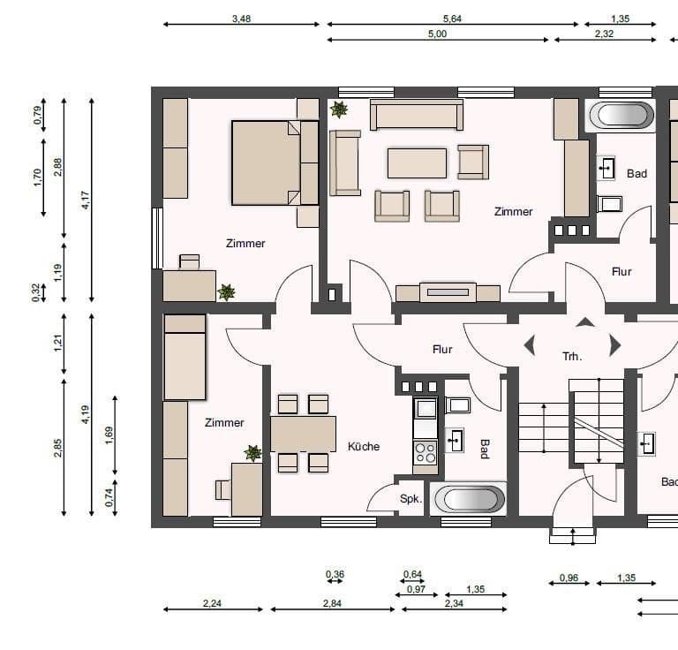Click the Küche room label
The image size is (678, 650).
click(364, 446)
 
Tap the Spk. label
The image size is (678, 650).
click(411, 499)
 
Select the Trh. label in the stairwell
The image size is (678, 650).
click(572, 357)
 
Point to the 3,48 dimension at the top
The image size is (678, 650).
click(240, 18)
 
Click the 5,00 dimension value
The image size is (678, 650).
click(438, 34)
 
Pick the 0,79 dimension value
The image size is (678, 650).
click(37, 116)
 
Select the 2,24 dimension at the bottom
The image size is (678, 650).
click(212, 603)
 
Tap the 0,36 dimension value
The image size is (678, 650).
click(335, 575)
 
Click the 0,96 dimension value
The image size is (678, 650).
click(569, 578)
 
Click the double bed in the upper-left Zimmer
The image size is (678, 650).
click(274, 163)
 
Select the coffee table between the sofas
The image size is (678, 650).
click(417, 162)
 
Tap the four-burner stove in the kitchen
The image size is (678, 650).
click(426, 453)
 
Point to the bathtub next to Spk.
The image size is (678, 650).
click(469, 499)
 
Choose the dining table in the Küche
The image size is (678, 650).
click(303, 434)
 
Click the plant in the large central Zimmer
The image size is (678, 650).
click(338, 110)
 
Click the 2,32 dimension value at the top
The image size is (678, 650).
click(605, 34)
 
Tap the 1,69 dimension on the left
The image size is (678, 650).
click(109, 435)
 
